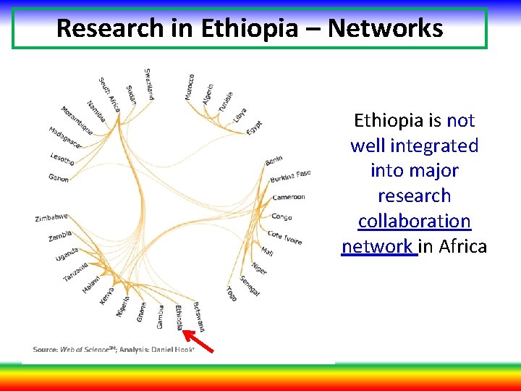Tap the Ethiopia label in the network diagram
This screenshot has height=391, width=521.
(x=179, y=317)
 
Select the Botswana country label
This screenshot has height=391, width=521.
(x=199, y=315)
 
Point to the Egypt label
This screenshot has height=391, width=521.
(x=254, y=128)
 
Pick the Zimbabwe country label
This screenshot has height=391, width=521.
(x=51, y=217)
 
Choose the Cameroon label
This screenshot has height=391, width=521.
(x=288, y=197)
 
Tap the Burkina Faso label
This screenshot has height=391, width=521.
(x=289, y=176)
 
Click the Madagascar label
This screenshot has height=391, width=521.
(x=65, y=138)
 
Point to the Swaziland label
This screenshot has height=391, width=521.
(x=149, y=83)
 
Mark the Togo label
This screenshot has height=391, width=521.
(x=230, y=293)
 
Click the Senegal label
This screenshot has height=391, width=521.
(x=250, y=285)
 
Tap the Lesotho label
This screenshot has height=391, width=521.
(x=62, y=159)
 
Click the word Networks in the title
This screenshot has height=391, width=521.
(x=385, y=28)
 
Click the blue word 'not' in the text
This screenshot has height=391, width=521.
(x=460, y=120)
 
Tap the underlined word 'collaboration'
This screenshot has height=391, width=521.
(x=414, y=221)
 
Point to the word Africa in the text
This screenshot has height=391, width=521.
(x=463, y=246)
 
